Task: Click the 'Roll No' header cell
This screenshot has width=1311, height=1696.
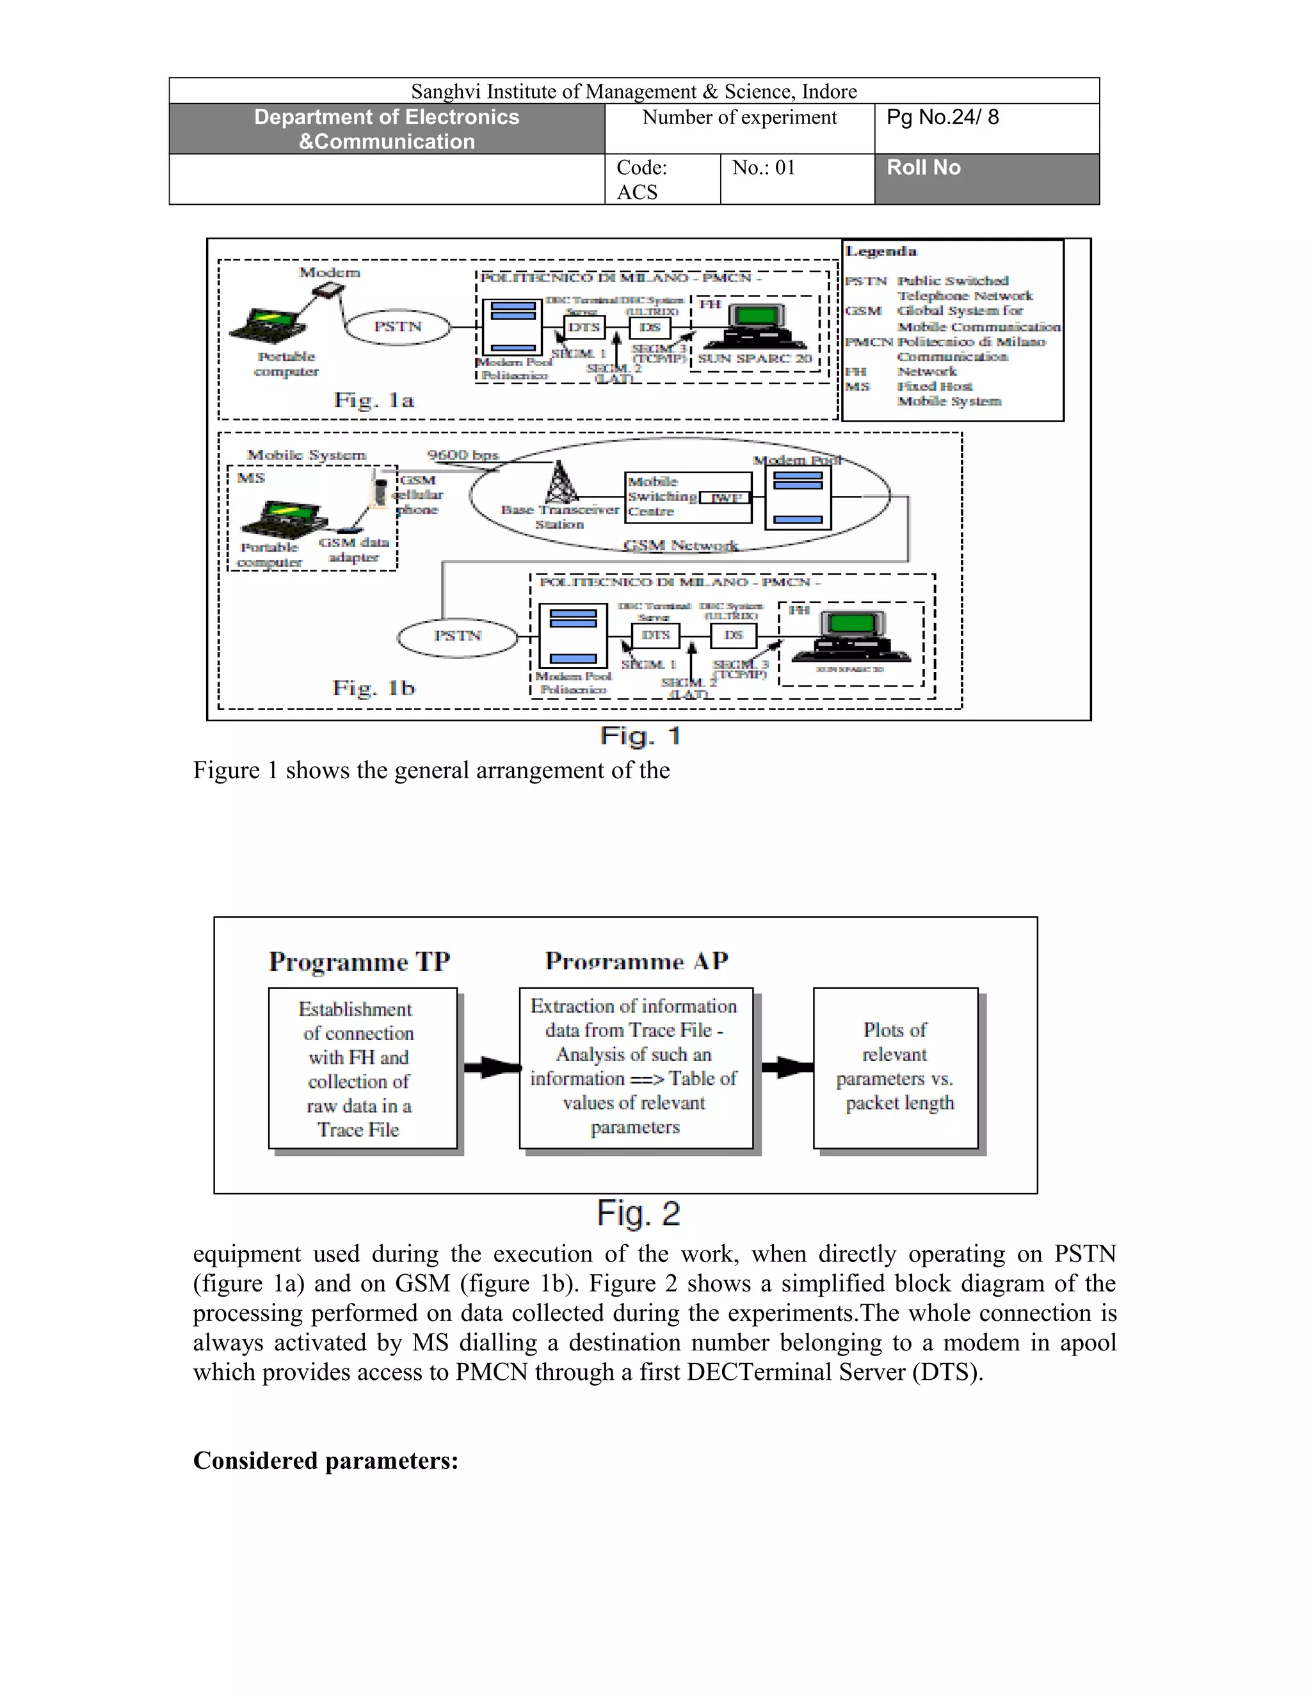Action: coord(986,179)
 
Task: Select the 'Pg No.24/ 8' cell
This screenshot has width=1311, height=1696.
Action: coord(986,128)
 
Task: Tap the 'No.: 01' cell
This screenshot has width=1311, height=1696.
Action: coord(797,179)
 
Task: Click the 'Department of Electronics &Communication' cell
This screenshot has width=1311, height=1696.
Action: coord(387,129)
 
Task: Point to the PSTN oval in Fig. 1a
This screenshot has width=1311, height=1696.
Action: coord(398,327)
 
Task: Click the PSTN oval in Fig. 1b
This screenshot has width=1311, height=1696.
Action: coord(458,637)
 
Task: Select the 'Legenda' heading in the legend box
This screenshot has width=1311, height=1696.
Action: coord(881,252)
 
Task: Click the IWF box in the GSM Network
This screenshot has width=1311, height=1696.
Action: coord(725,498)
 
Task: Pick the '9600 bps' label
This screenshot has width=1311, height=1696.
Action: coord(463,455)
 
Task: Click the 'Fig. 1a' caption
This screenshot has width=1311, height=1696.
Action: coord(374,400)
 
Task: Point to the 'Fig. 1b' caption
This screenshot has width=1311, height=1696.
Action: coord(374,688)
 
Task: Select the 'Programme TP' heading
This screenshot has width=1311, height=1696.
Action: coord(360,962)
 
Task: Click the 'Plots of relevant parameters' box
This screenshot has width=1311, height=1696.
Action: coord(896,1068)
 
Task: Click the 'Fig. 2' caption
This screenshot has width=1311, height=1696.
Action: coord(638,1213)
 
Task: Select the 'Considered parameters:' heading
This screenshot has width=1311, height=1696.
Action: coord(325,1460)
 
